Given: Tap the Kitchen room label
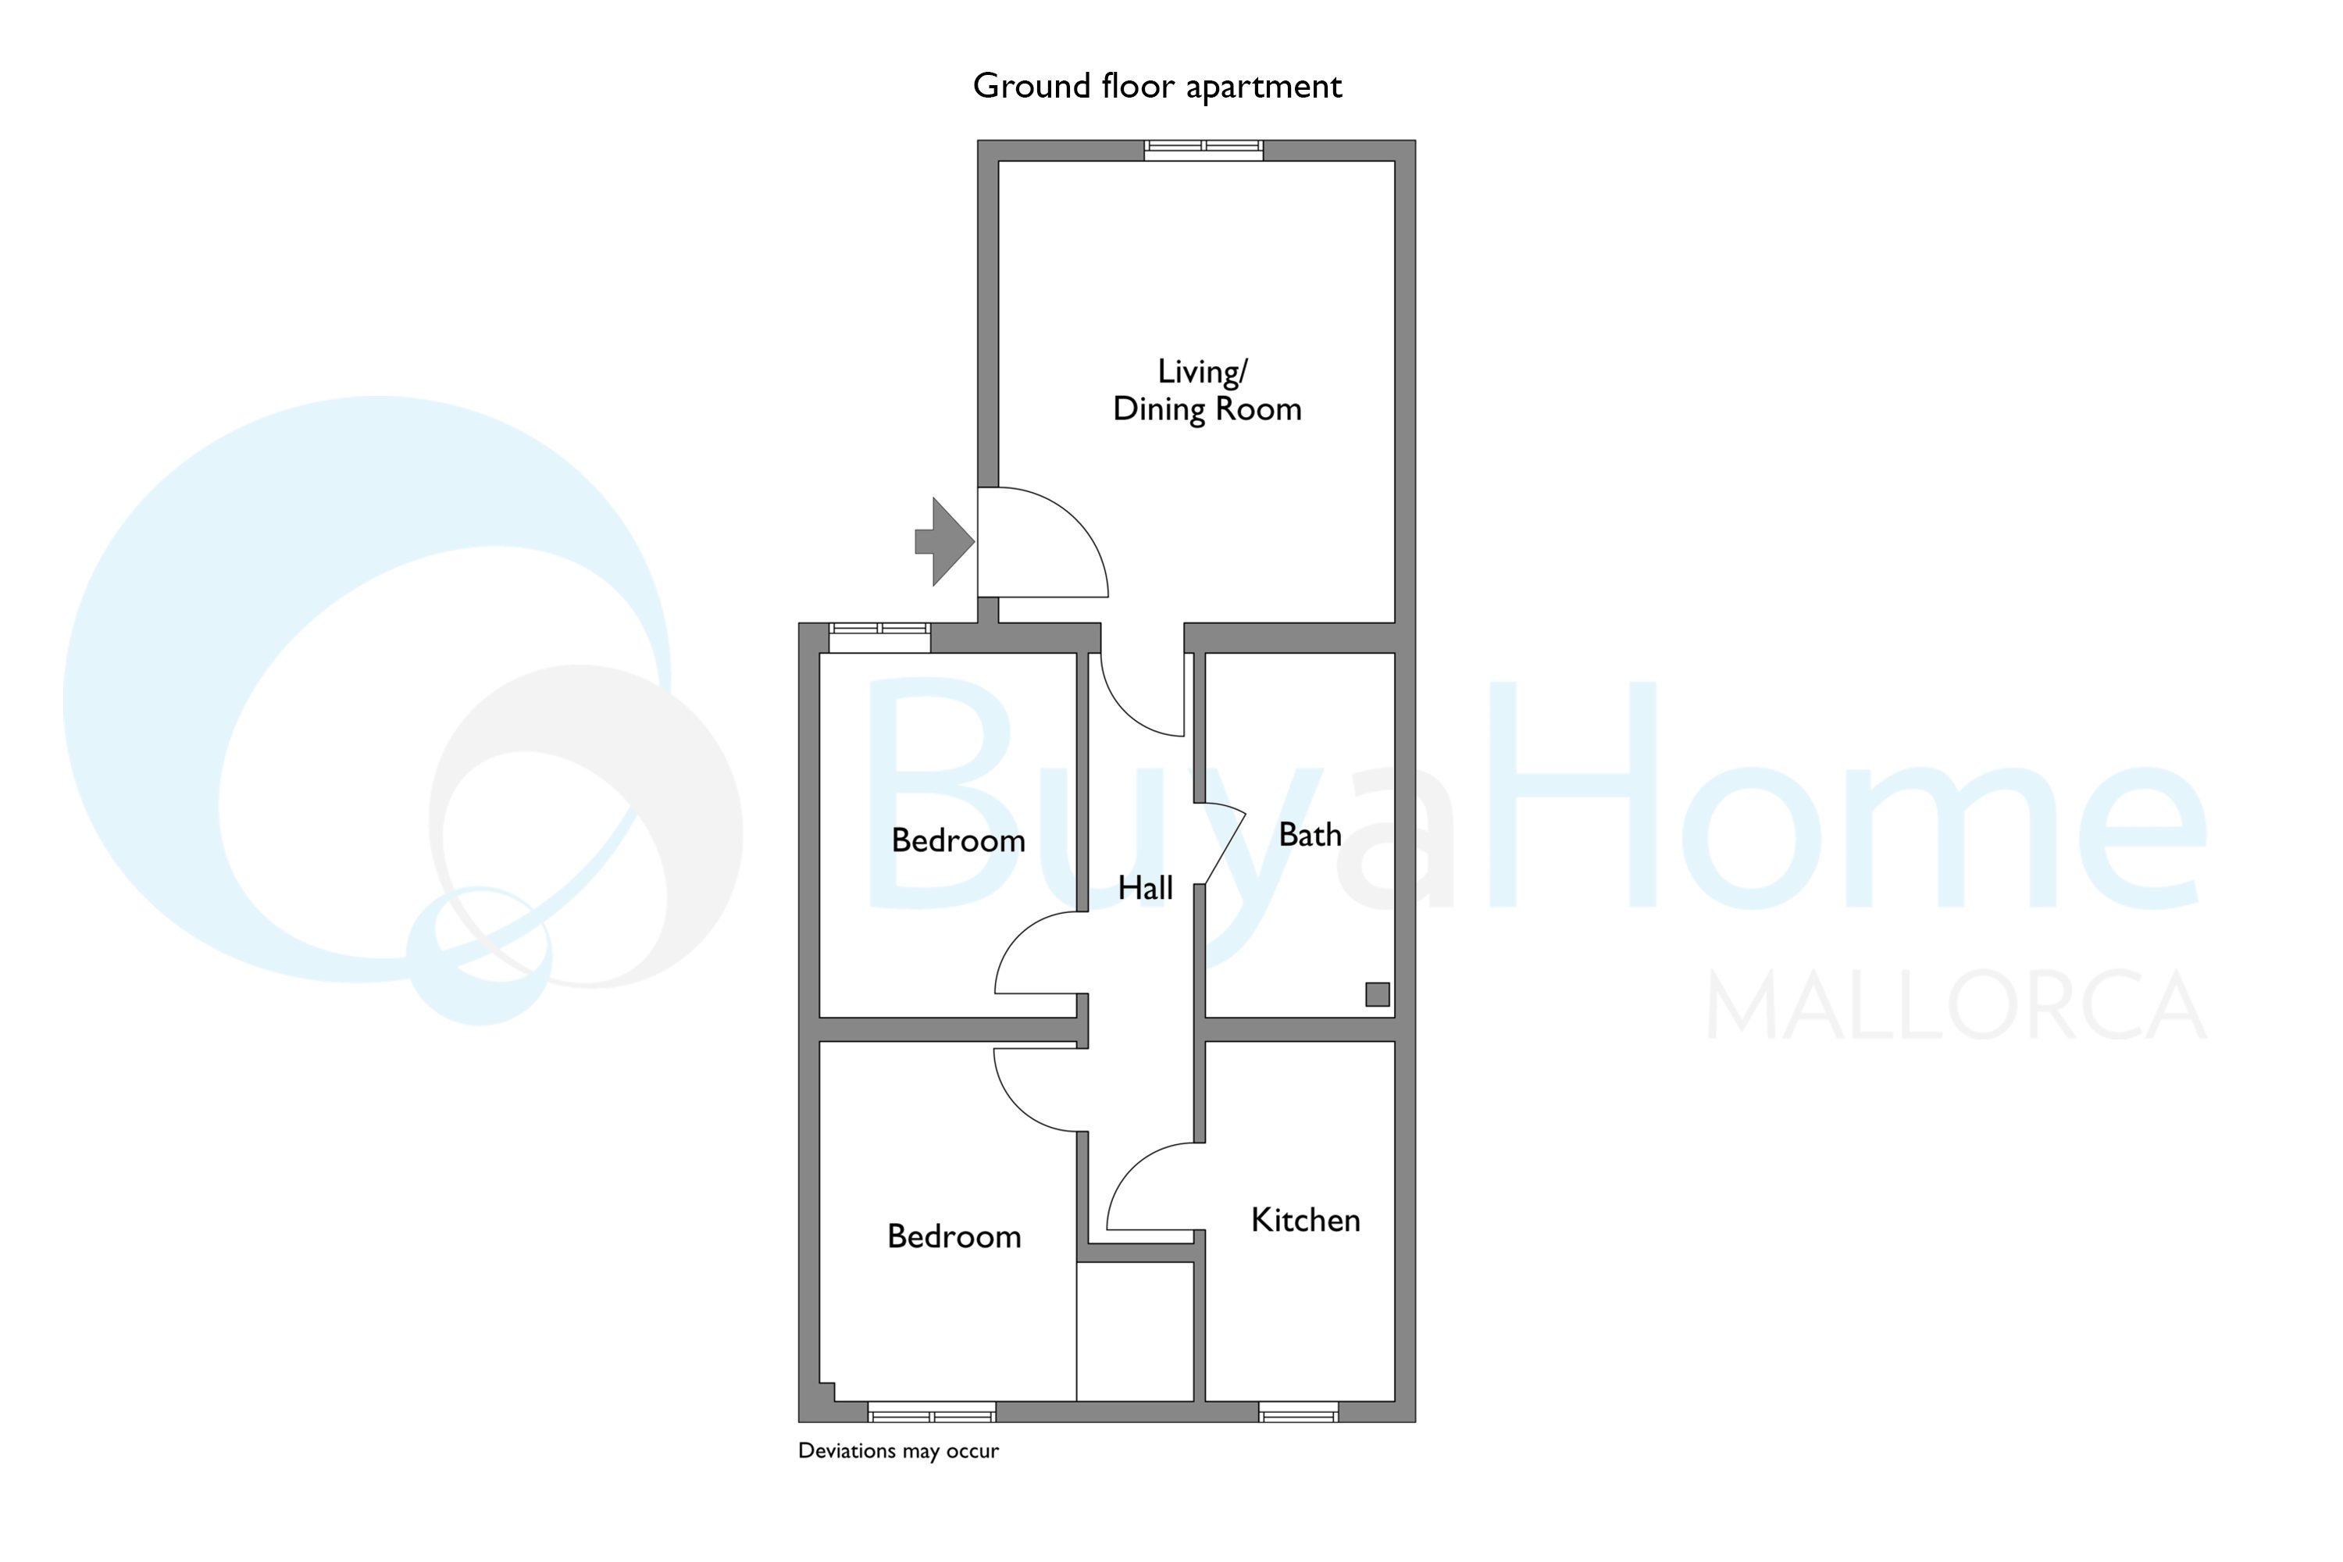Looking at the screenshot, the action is pyautogui.click(x=1305, y=1220).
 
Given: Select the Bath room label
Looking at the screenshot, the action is pyautogui.click(x=1310, y=835).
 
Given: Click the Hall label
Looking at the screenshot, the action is pyautogui.click(x=1145, y=887).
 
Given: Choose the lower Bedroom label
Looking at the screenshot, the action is pyautogui.click(x=954, y=1236).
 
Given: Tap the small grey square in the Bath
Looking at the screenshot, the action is pyautogui.click(x=1377, y=993).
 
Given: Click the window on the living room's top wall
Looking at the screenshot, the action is pyautogui.click(x=1204, y=151).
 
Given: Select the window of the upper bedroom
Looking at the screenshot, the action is pyautogui.click(x=879, y=637).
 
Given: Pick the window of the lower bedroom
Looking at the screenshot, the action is pyautogui.click(x=932, y=1411).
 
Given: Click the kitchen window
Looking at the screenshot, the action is pyautogui.click(x=1298, y=1411).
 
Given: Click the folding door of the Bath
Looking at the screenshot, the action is pyautogui.click(x=1225, y=842).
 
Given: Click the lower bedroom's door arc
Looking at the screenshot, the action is pyautogui.click(x=1017, y=1107).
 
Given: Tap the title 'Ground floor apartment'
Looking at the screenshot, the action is pyautogui.click(x=1157, y=87).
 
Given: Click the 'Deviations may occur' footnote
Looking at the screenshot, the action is pyautogui.click(x=899, y=1451).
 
